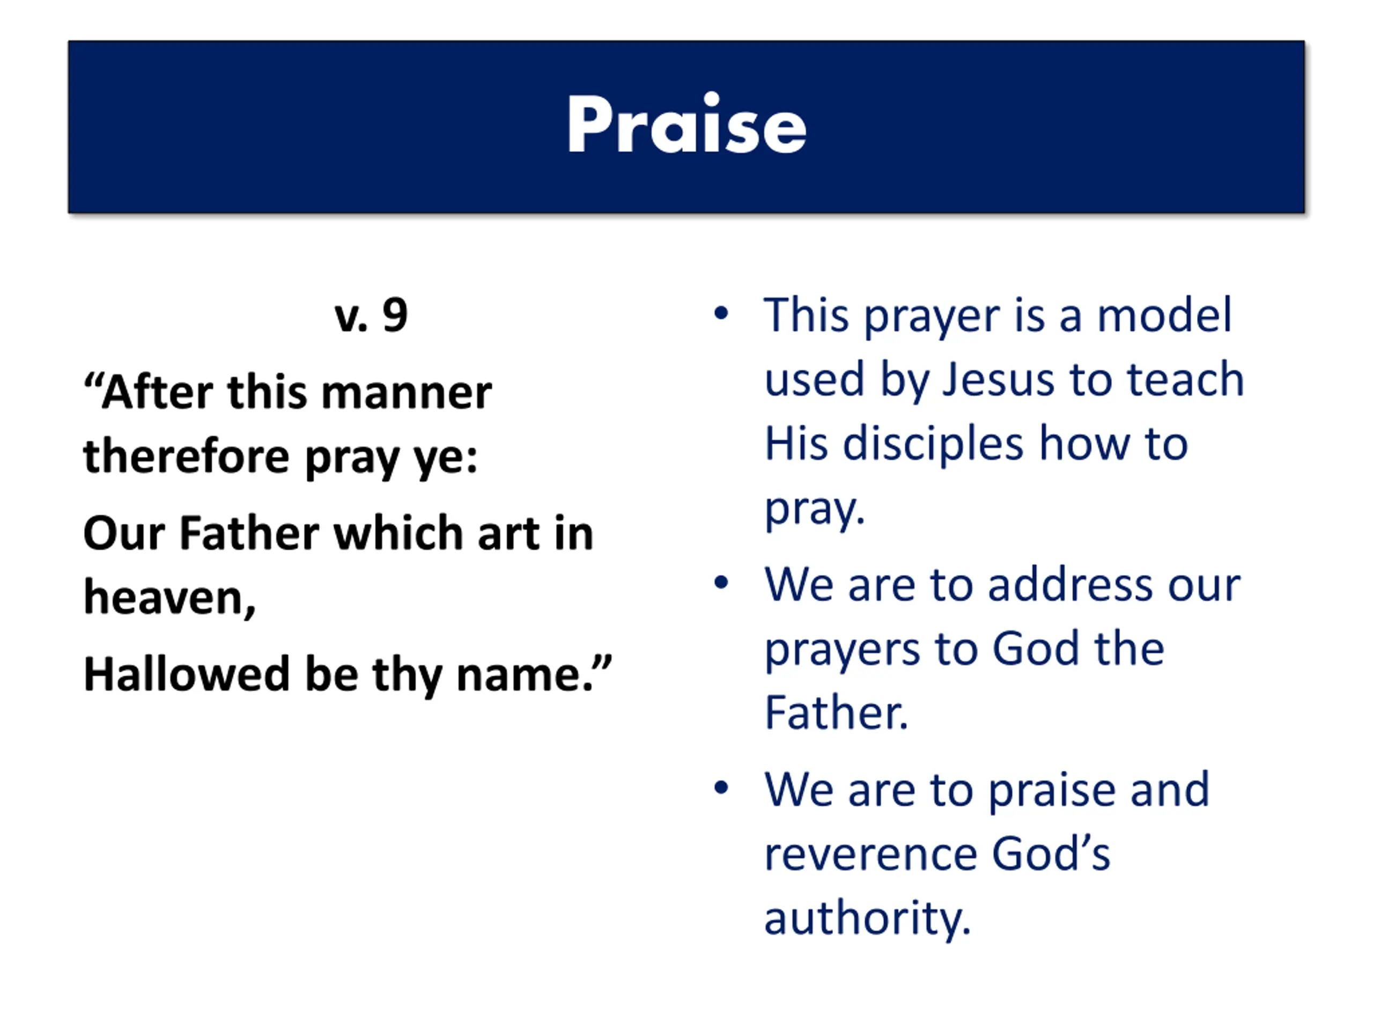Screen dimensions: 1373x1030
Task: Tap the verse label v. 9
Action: coord(371,315)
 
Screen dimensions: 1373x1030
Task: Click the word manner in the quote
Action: coord(407,393)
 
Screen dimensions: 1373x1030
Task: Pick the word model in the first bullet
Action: coord(1164,315)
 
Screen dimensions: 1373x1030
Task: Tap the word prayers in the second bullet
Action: coord(841,651)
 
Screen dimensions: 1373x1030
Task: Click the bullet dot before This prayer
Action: coord(721,313)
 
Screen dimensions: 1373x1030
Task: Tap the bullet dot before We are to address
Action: coord(721,583)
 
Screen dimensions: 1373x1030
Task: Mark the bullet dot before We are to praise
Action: coord(721,788)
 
